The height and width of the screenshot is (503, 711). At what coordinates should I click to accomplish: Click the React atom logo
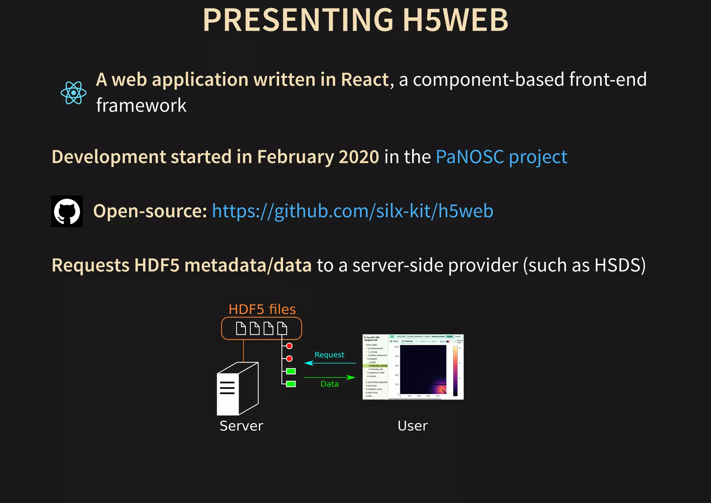(x=73, y=93)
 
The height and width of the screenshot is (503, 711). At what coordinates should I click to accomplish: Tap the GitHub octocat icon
(x=67, y=211)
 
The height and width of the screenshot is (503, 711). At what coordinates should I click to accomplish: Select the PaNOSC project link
(x=501, y=157)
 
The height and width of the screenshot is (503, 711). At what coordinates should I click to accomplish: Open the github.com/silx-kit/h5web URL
(x=352, y=211)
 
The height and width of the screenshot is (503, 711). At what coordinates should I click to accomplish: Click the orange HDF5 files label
(x=262, y=309)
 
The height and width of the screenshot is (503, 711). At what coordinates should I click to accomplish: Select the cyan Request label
(x=329, y=355)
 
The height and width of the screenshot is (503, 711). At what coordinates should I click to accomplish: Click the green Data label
(x=329, y=384)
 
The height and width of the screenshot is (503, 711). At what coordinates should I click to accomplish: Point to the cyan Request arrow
(x=329, y=363)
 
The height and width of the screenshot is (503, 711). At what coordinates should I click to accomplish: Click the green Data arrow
(x=329, y=377)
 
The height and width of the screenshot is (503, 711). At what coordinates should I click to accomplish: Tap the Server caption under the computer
(x=241, y=426)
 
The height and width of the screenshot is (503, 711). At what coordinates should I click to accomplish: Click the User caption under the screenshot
(x=412, y=426)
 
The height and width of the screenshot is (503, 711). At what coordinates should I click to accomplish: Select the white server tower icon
(x=237, y=389)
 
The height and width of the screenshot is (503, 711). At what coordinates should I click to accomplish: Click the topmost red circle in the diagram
(x=289, y=346)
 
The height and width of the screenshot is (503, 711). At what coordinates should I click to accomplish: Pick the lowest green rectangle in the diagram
(x=291, y=384)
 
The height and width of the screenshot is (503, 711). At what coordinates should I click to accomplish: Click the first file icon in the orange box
(x=241, y=328)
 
